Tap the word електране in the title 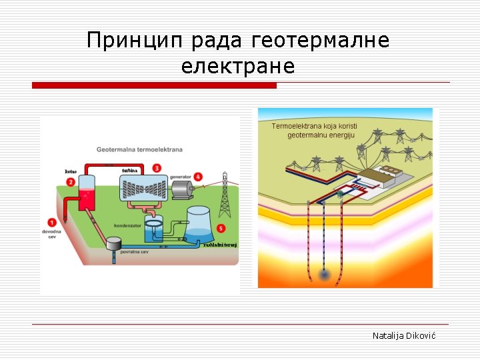237,67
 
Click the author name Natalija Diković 403,336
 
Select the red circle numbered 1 52,222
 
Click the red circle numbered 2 70,181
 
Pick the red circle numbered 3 157,167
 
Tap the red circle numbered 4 199,177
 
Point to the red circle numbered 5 221,229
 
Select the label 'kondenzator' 127,226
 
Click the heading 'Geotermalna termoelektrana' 139,149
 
